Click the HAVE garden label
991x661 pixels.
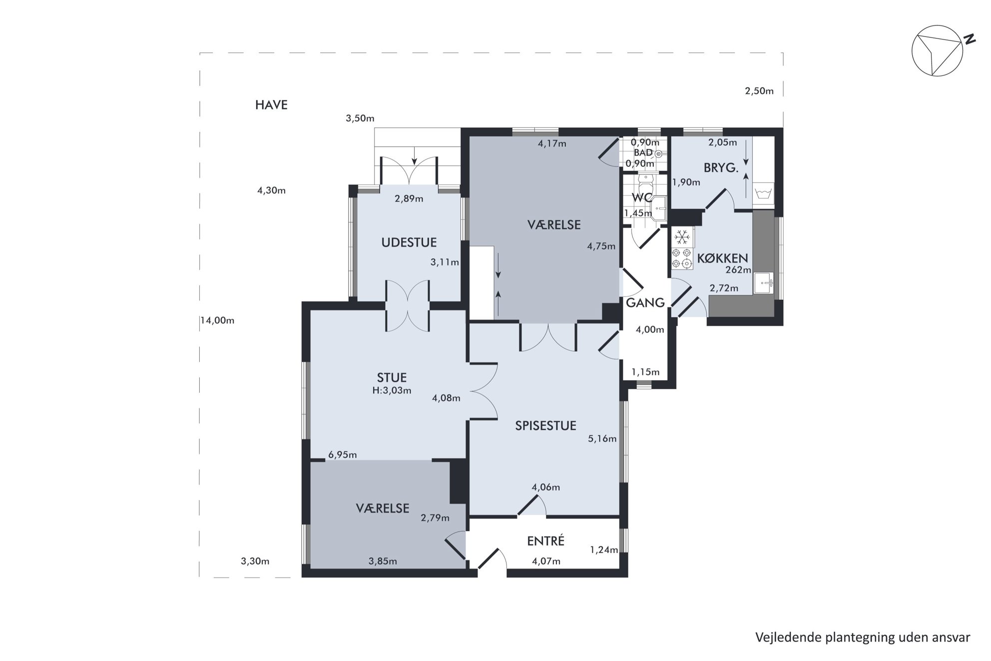coord(271,105)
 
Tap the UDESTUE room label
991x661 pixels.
coord(409,243)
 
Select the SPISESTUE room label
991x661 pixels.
coord(545,426)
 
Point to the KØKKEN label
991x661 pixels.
coord(722,258)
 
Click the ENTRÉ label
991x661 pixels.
coord(546,541)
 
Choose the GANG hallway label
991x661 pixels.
coord(645,303)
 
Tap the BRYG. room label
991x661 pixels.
coord(721,168)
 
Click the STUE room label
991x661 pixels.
coord(392,378)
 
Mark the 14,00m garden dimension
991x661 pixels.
coord(218,321)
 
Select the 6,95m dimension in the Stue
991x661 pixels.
coord(343,455)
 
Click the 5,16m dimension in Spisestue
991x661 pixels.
coord(602,439)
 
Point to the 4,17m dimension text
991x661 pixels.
coord(552,144)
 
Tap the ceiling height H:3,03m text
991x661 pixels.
coord(392,391)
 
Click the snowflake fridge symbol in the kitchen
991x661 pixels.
coord(683,235)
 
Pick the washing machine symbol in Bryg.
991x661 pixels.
coord(762,192)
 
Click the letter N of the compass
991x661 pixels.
coord(970,39)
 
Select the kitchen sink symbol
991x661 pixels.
coord(764,283)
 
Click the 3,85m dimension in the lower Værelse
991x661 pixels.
coord(383,562)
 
